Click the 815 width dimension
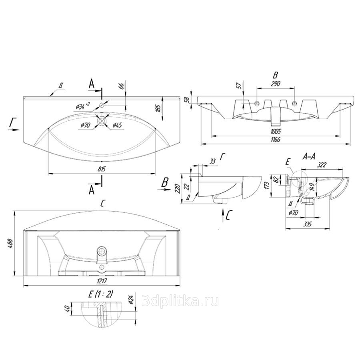(102, 170)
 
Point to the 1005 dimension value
(276, 132)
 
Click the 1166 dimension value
(276, 139)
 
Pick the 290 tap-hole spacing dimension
(276, 84)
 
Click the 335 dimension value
(307, 225)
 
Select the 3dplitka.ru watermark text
(180, 301)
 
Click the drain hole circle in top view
(102, 120)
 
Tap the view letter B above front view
(275, 75)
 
